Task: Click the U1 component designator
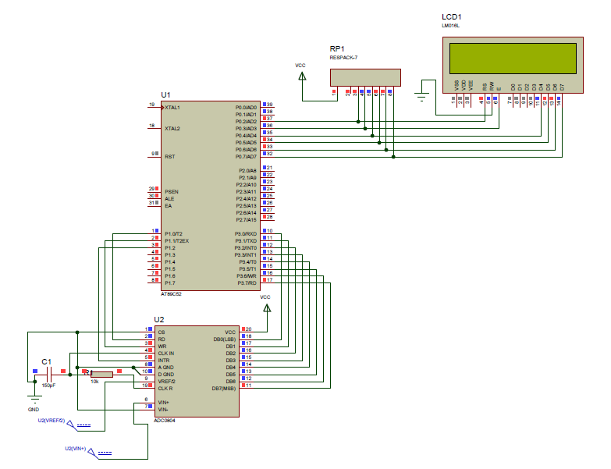(165, 94)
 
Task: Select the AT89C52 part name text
(172, 294)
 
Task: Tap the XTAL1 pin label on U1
(172, 107)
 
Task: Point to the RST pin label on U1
(169, 156)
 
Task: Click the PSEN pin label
(171, 191)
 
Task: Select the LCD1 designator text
(451, 16)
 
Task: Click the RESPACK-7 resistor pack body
(365, 76)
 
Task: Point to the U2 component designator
(159, 320)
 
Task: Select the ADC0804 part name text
(165, 420)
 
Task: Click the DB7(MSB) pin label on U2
(223, 388)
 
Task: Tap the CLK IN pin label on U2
(166, 353)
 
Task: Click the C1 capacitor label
(46, 361)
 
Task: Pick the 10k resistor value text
(94, 382)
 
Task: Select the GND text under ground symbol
(34, 409)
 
